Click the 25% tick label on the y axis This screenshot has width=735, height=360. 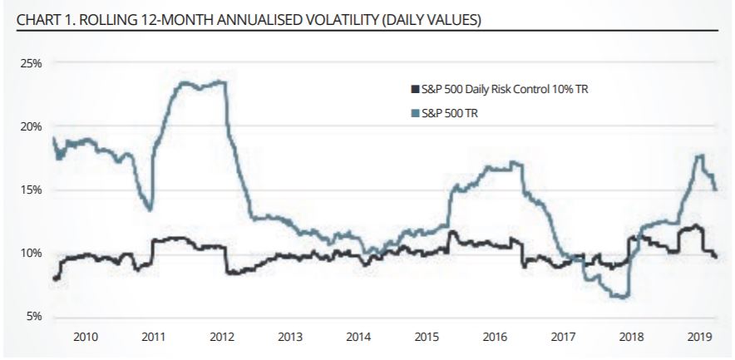click(x=32, y=63)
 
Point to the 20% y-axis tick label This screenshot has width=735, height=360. click(x=32, y=126)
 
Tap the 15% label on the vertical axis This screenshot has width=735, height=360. click(x=32, y=190)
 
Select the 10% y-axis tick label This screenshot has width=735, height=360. click(x=32, y=254)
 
